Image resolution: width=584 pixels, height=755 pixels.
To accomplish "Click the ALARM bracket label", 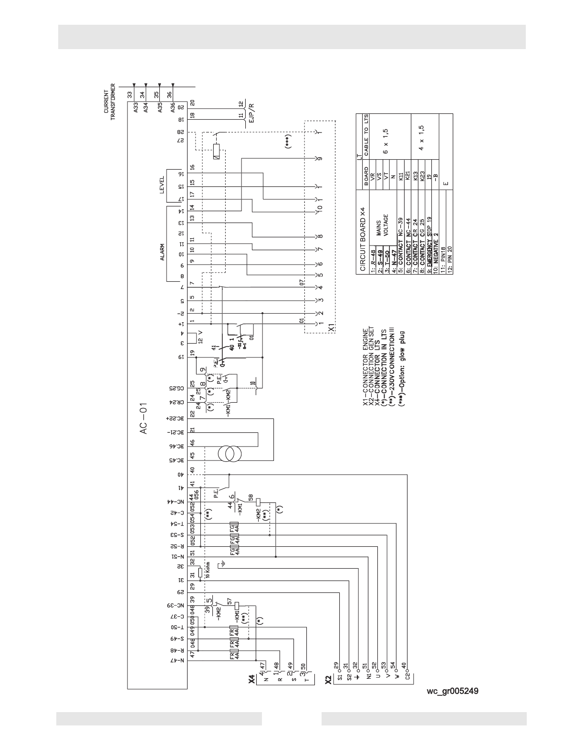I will point(162,252).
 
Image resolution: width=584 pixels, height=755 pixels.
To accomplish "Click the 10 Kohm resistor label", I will point(208,572).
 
